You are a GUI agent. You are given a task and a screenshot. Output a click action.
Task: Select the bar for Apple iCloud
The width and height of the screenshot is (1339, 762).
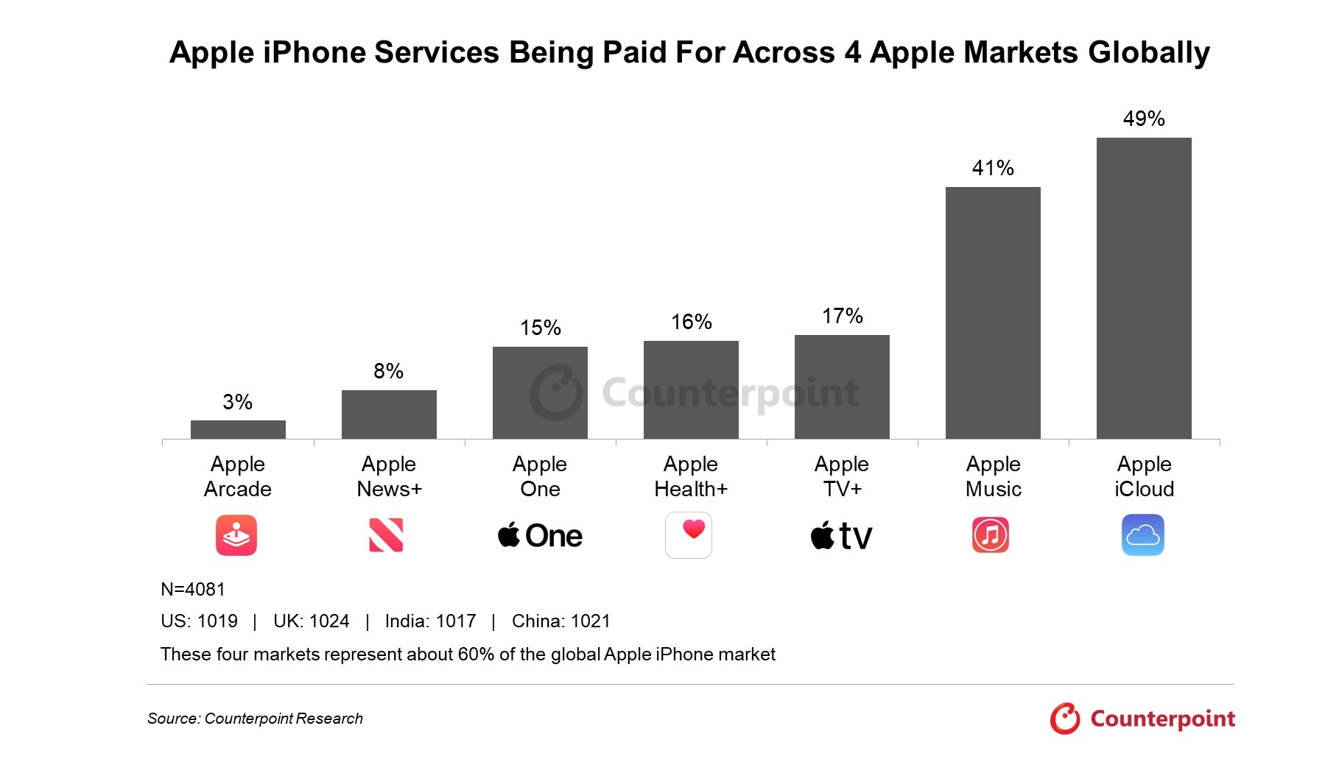coord(1143,288)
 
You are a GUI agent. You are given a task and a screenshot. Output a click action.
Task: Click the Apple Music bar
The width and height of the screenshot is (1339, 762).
coord(993,313)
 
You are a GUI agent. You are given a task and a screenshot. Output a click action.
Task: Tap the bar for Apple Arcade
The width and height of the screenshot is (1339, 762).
coord(238,429)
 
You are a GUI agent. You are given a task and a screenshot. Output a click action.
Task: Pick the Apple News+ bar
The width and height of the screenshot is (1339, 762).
coord(389,414)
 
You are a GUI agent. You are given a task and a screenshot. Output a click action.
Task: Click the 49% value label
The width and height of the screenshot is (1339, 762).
coord(1143,119)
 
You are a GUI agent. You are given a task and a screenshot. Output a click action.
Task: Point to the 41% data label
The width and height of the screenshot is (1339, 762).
coord(993,168)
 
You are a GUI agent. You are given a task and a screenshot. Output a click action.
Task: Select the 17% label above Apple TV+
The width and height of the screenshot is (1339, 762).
coord(842,316)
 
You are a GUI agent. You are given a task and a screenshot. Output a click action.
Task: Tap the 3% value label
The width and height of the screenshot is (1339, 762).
coord(237,402)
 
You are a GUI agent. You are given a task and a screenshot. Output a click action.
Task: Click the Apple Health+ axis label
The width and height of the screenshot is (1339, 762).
coord(691,476)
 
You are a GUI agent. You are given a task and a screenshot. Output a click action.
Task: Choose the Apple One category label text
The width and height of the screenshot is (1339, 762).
coord(540,476)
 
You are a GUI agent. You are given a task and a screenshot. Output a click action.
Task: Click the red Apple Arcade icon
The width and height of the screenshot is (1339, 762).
coord(236,535)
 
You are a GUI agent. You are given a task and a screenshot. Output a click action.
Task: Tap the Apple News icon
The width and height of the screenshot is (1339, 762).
coord(386,535)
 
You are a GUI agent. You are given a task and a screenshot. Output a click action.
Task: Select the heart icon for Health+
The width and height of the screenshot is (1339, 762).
coord(689,535)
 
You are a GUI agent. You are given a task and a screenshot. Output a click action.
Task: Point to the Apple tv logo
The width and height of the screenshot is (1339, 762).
coord(841,536)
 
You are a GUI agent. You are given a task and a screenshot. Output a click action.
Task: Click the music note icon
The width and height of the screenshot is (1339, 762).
coord(991,535)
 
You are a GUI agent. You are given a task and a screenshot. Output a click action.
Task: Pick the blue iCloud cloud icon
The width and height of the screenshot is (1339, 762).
coord(1142,535)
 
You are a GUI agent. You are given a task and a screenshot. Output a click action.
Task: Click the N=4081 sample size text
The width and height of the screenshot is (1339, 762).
coord(193,589)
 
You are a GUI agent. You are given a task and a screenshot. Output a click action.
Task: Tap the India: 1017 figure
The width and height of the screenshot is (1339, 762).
coord(430,621)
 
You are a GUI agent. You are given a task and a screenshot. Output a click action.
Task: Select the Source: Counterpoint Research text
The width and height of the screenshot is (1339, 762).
coord(255,719)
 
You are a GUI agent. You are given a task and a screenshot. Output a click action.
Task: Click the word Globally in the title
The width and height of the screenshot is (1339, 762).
coord(1148,52)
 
